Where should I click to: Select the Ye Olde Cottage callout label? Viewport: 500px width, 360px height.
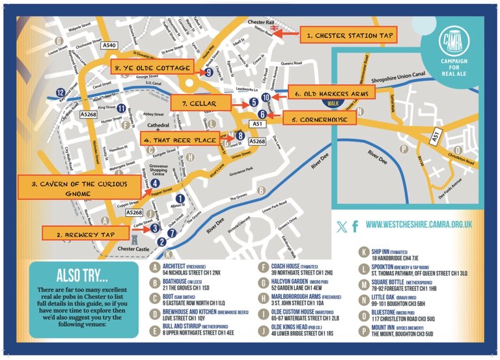tap(150, 68)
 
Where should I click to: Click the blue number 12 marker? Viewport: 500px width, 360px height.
tap(60, 92)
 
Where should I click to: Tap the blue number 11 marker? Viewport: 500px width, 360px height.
tap(121, 108)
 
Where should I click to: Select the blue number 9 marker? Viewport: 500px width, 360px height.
tap(208, 73)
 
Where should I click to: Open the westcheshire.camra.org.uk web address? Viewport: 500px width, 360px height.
tap(419, 225)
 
